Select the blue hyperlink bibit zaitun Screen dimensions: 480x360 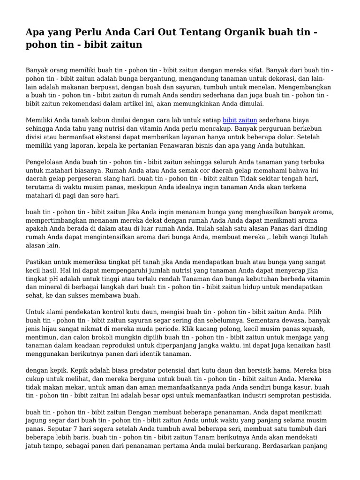240,120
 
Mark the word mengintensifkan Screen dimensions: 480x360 94,237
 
